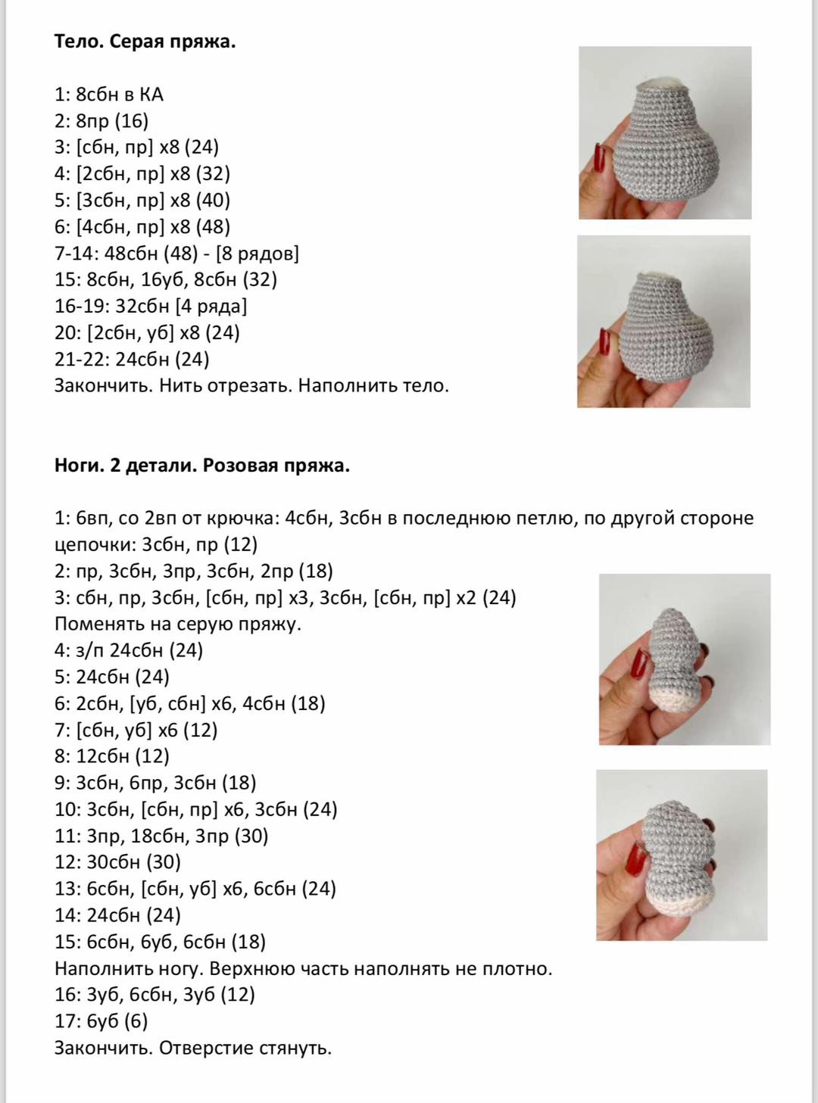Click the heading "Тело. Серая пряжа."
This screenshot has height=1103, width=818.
(x=145, y=42)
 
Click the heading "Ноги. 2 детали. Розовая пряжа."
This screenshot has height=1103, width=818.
(x=201, y=466)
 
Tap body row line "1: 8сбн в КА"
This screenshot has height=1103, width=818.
(x=109, y=95)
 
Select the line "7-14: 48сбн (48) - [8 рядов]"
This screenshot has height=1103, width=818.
(x=176, y=254)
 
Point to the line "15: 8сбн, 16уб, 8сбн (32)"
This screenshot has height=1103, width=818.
(x=166, y=280)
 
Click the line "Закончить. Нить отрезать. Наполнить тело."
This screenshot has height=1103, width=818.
(x=251, y=385)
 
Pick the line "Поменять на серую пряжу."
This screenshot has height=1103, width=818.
(x=178, y=624)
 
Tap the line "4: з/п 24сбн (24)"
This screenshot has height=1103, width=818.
(x=129, y=650)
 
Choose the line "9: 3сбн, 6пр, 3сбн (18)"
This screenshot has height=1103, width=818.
(x=155, y=783)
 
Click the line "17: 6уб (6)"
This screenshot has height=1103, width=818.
(x=101, y=1021)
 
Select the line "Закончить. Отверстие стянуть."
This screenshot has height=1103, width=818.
(x=193, y=1048)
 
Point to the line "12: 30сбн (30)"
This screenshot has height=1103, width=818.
(x=117, y=862)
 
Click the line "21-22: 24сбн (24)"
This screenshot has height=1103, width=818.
(x=132, y=359)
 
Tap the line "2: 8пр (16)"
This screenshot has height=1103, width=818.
(x=101, y=121)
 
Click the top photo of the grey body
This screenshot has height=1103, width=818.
(x=665, y=133)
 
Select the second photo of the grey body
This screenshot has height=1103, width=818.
(x=663, y=322)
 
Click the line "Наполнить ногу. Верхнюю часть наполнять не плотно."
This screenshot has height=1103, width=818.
(x=303, y=968)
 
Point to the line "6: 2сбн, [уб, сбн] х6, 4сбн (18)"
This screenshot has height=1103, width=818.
(x=189, y=703)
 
